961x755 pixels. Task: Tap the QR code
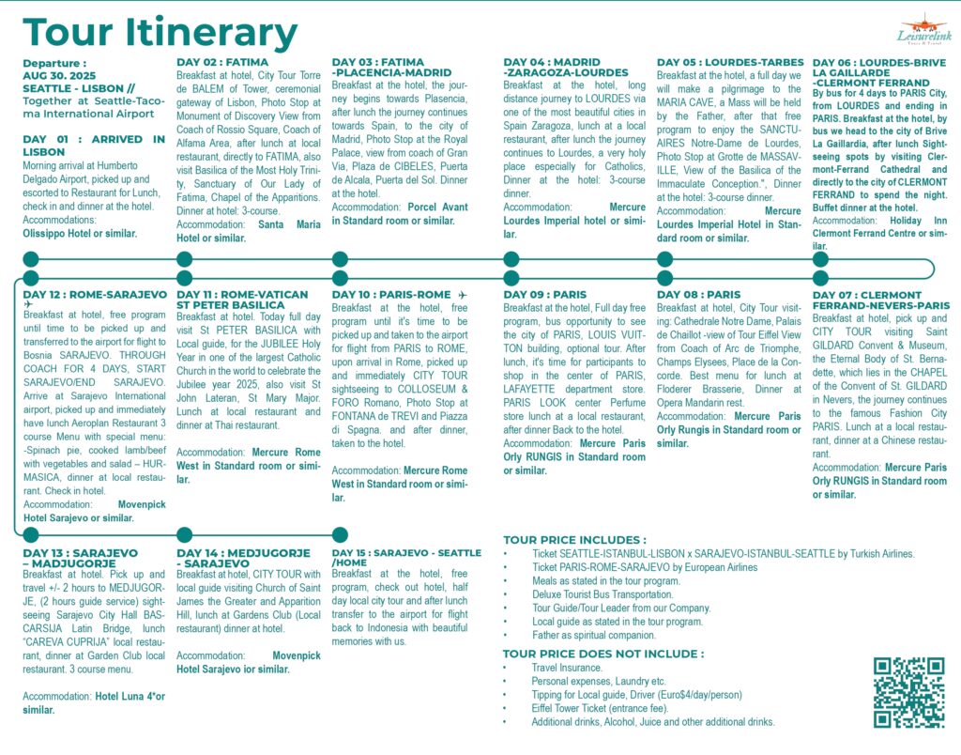[x=908, y=693]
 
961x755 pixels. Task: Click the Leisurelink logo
[x=924, y=33]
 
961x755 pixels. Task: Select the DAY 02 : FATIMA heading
[x=222, y=63]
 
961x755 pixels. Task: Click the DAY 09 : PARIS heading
[x=544, y=295]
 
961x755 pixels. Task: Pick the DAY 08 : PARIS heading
[x=698, y=295]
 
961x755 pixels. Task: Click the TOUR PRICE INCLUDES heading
[x=574, y=540]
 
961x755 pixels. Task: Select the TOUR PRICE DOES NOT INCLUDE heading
[x=603, y=654]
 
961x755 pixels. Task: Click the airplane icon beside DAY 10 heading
[x=464, y=295]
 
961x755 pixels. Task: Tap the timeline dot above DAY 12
[x=31, y=278]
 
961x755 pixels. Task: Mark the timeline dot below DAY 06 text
[x=819, y=258]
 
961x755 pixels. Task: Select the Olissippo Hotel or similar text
[x=79, y=233]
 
